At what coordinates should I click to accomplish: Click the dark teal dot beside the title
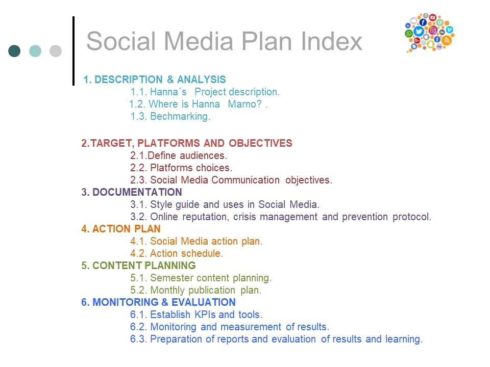[x=14, y=51]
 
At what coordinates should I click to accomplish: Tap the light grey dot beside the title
[x=56, y=51]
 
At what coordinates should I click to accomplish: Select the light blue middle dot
[x=35, y=51]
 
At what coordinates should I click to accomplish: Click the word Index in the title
[x=331, y=41]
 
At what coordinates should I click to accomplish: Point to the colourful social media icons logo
[x=429, y=33]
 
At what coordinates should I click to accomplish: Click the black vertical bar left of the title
[x=73, y=50]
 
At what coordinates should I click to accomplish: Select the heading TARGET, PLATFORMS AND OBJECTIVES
[x=187, y=143]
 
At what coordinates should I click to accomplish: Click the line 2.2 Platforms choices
[x=181, y=168]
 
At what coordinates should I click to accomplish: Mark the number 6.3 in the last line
[x=138, y=339]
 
